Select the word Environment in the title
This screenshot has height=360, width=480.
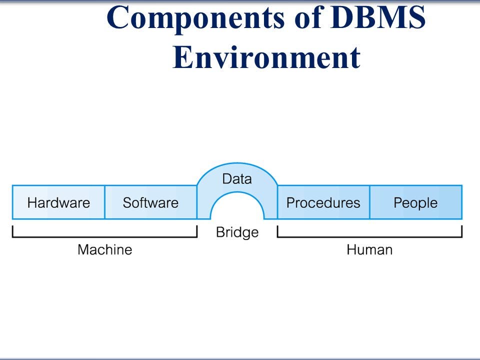pos(266,57)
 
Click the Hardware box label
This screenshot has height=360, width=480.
pos(58,203)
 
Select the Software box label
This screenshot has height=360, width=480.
pos(150,203)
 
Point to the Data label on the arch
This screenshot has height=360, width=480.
pos(237,179)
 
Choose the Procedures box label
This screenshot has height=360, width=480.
pos(323,203)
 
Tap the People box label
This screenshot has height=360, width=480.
pos(415,203)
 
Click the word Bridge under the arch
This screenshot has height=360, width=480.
pos(237,232)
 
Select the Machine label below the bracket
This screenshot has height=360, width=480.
pos(104,249)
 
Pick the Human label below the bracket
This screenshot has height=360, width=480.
pos(369,249)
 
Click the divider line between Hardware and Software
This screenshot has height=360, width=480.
pos(104,202)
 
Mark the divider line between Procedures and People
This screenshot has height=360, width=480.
pos(369,202)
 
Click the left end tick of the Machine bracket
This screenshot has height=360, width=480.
pos(12,231)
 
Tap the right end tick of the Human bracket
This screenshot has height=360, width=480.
pos(462,231)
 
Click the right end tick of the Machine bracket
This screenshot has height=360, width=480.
pos(197,231)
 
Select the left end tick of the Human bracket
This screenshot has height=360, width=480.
pos(277,231)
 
